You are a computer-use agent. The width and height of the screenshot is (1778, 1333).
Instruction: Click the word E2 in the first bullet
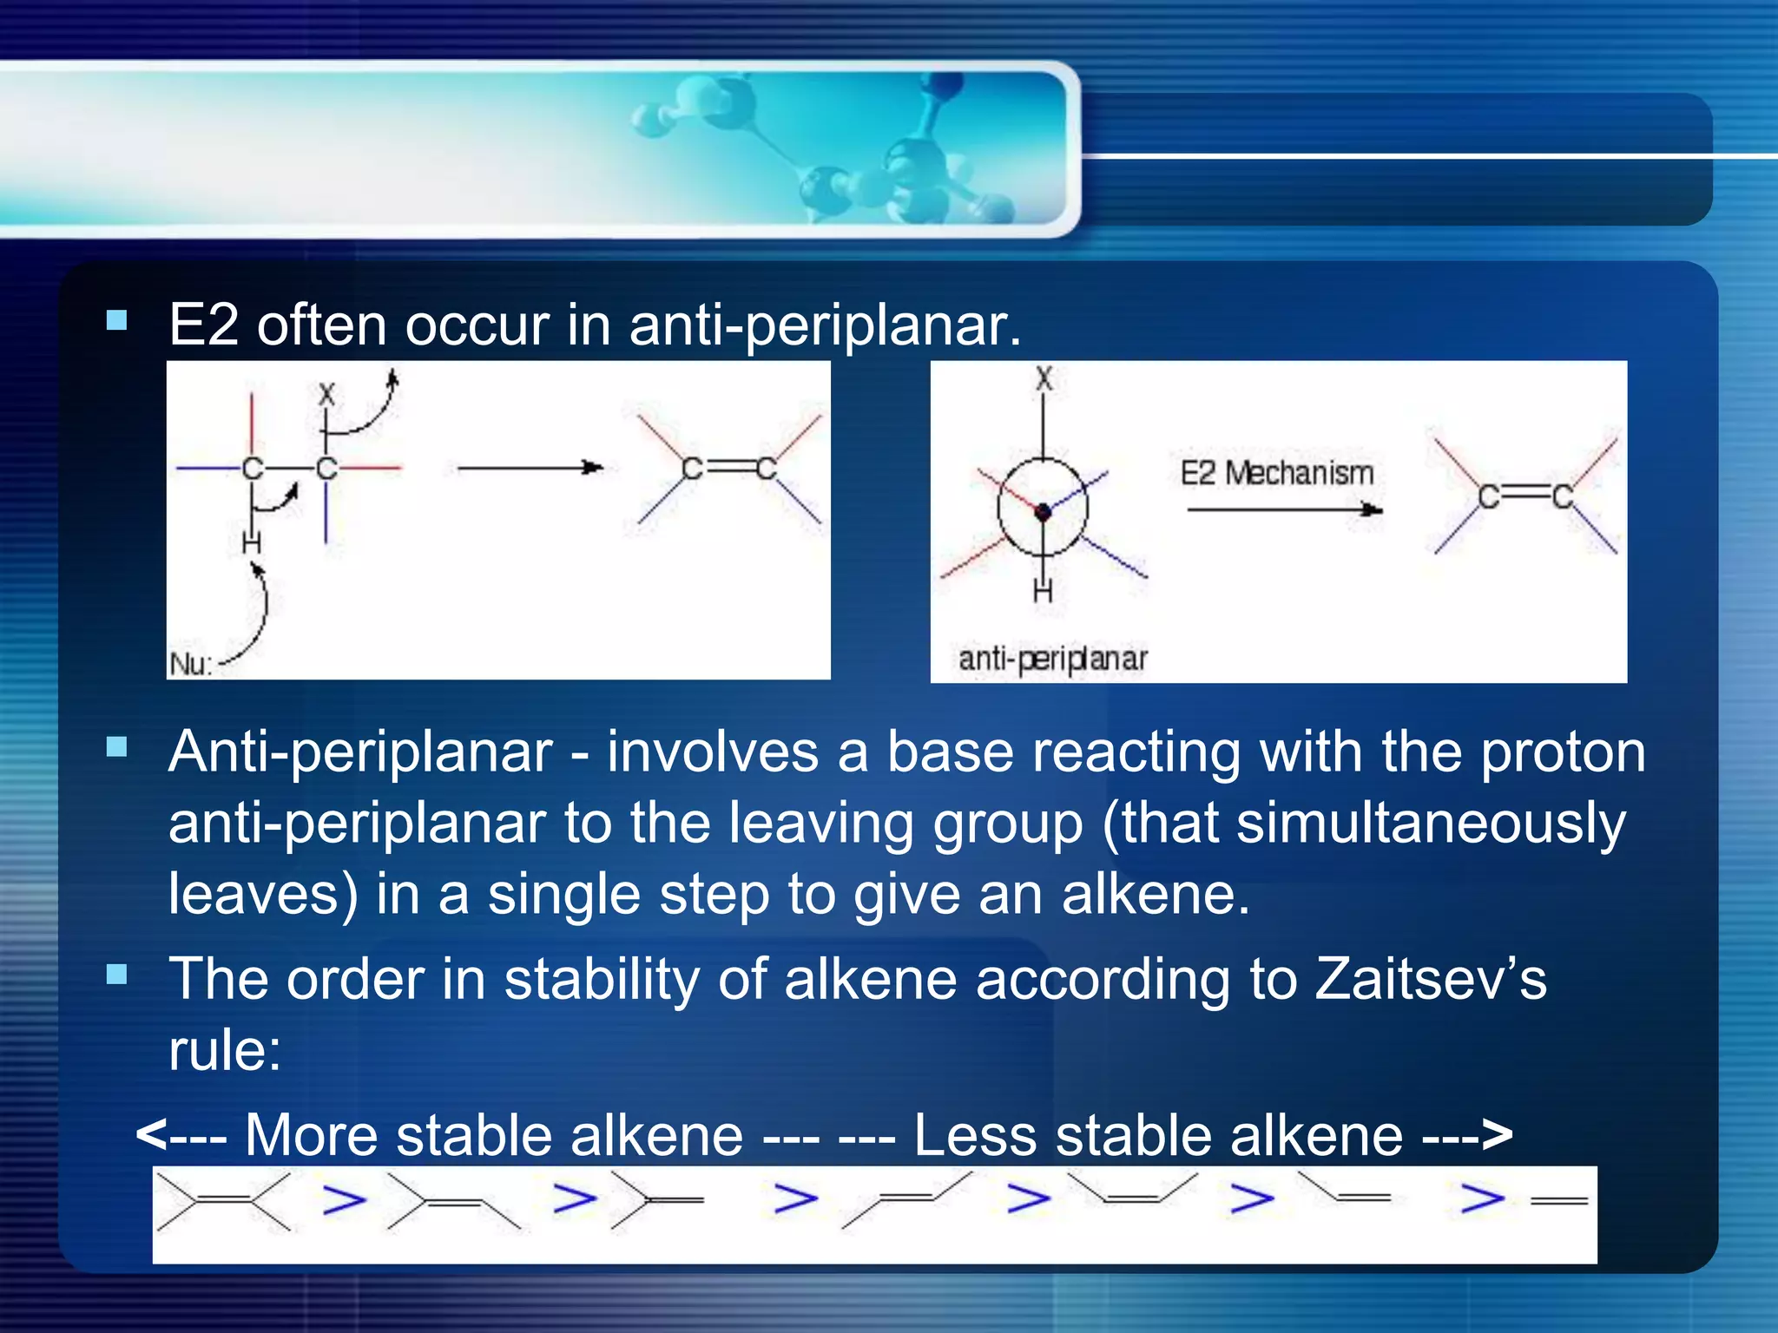pyautogui.click(x=203, y=325)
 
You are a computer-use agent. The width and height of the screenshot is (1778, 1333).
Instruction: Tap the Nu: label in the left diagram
pyautogui.click(x=190, y=664)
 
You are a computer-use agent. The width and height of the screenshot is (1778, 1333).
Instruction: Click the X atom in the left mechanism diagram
pyautogui.click(x=326, y=395)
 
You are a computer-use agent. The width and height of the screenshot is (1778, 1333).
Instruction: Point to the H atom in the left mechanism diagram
pyautogui.click(x=251, y=543)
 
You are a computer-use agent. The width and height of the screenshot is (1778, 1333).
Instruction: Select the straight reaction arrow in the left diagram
pyautogui.click(x=530, y=468)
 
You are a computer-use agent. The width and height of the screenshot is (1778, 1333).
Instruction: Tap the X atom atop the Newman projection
pyautogui.click(x=1044, y=378)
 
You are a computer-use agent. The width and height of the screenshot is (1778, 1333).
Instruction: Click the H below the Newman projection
pyautogui.click(x=1043, y=591)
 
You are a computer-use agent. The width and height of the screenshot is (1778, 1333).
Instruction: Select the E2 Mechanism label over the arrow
pyautogui.click(x=1276, y=473)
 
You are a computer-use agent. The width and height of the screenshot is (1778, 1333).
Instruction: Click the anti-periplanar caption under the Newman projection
pyautogui.click(x=1052, y=660)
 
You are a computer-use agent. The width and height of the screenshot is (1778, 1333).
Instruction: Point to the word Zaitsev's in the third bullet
pyautogui.click(x=1431, y=979)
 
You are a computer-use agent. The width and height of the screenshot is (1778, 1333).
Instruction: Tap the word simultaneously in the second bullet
pyautogui.click(x=1431, y=823)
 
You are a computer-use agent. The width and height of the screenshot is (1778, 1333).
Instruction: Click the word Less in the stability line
pyautogui.click(x=975, y=1135)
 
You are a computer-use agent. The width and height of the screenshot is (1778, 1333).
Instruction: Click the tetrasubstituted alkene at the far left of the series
pyautogui.click(x=223, y=1201)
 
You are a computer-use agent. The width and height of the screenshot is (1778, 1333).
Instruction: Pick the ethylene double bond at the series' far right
pyautogui.click(x=1559, y=1201)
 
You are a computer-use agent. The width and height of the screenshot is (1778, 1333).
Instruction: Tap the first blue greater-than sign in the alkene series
pyautogui.click(x=344, y=1199)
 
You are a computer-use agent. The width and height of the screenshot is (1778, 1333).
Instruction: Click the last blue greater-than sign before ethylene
pyautogui.click(x=1482, y=1199)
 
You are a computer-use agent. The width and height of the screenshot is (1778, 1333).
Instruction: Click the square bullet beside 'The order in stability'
pyautogui.click(x=116, y=975)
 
